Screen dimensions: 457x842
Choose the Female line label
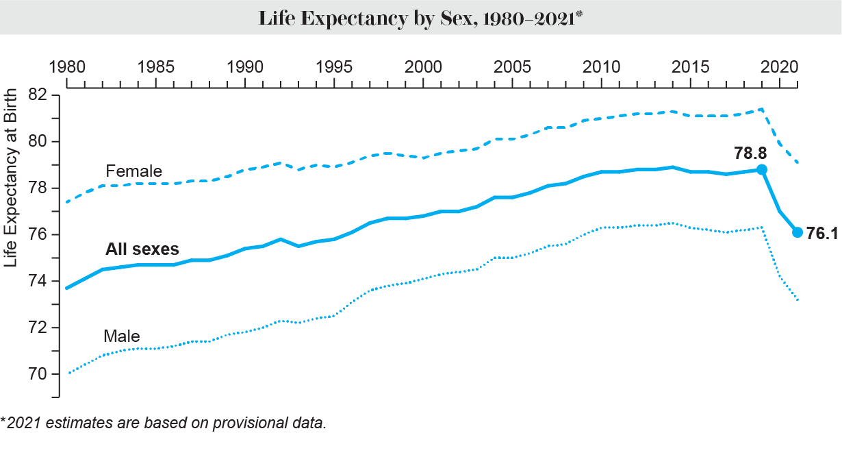[x=133, y=171]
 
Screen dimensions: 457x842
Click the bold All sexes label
[x=142, y=250]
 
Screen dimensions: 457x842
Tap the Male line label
[x=122, y=336]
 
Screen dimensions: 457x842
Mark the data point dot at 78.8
[x=761, y=169]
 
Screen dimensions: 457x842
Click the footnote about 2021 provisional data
[x=164, y=422]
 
